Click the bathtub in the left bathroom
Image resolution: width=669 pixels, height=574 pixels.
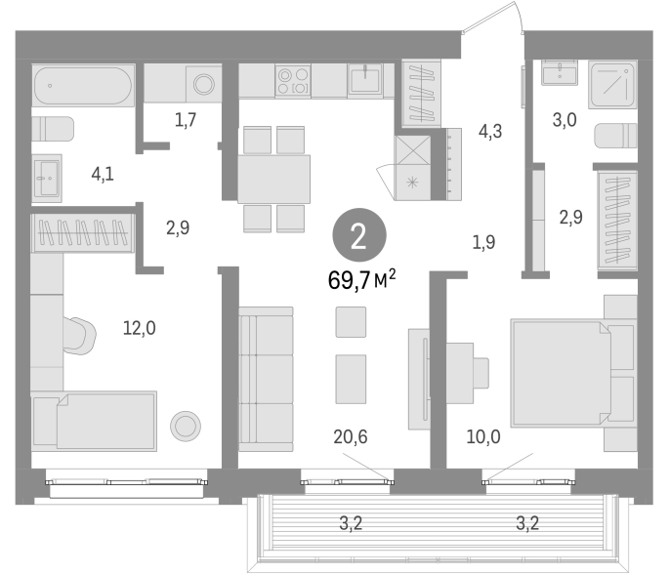point(84,85)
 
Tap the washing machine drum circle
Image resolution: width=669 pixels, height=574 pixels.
point(204,84)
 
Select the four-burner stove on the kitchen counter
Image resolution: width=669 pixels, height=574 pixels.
point(293,81)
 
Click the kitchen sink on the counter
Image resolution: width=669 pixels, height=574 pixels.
point(365,79)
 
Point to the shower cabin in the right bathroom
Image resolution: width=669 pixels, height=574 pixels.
point(612,84)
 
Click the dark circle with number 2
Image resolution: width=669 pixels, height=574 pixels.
point(359,235)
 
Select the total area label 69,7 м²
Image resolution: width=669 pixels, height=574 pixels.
point(361,280)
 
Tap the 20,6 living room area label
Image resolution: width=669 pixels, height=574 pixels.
point(351,436)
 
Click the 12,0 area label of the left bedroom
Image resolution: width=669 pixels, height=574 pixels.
point(139,328)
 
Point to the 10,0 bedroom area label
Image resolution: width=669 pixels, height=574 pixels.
point(483,436)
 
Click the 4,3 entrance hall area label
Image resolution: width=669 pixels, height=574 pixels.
point(490,132)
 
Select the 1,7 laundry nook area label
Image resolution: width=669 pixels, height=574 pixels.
point(186,120)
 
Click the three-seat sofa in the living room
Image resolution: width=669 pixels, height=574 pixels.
point(266,379)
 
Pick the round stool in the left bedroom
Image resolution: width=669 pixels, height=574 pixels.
point(186,426)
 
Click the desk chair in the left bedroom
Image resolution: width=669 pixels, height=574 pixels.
point(80,336)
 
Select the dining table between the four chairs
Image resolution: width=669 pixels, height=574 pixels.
point(273,179)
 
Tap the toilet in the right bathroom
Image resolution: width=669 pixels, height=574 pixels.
point(615,136)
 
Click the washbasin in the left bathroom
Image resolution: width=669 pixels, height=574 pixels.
point(47,178)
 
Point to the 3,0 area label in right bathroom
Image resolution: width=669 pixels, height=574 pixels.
point(564,120)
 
